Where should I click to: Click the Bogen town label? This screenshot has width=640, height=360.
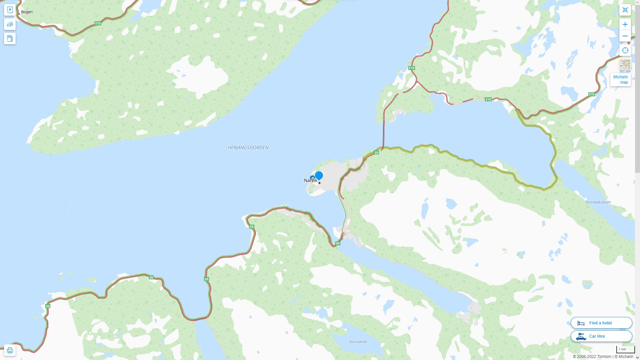(x=27, y=12)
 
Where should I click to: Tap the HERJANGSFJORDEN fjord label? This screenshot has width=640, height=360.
(x=248, y=148)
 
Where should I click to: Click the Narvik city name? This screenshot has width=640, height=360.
(x=310, y=181)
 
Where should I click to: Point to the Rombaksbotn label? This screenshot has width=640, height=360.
(x=598, y=202)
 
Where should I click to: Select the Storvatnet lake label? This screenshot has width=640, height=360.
(x=358, y=342)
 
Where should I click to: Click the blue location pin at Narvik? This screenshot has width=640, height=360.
(x=319, y=175)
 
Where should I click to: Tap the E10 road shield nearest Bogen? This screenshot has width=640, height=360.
(x=98, y=23)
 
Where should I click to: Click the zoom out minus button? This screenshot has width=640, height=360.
(x=625, y=36)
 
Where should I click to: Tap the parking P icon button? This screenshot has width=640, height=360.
(x=10, y=10)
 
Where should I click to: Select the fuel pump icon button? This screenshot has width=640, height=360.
(x=10, y=39)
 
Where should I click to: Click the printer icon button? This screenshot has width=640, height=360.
(x=10, y=350)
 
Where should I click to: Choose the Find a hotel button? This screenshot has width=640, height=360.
(x=601, y=323)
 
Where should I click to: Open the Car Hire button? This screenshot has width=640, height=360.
(x=601, y=336)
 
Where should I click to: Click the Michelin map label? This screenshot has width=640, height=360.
(x=620, y=80)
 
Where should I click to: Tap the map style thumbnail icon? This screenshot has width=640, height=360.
(x=625, y=64)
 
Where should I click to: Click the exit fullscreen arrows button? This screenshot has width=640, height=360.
(x=625, y=10)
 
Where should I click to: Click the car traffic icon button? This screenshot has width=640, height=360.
(x=10, y=24)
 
